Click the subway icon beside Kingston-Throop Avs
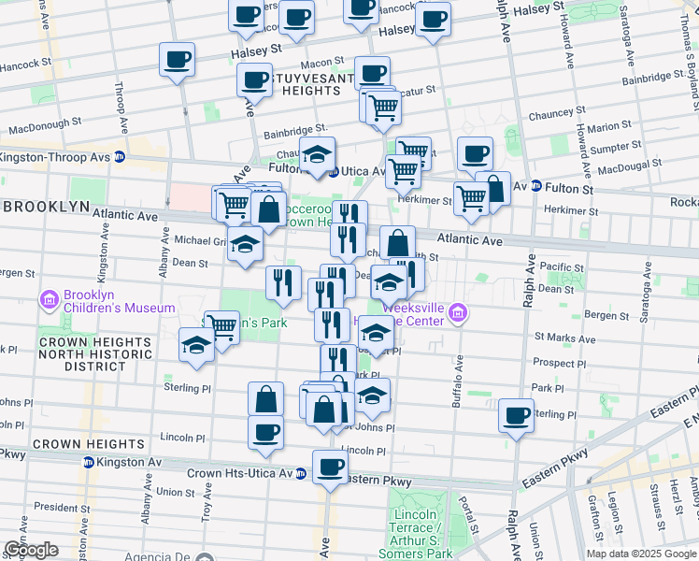coord(120,157)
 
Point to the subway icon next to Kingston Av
coord(88,462)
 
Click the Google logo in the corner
coord(31,550)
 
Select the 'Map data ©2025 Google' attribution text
coord(641,554)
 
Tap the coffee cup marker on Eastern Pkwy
coord(329,467)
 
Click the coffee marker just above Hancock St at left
coord(177,60)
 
